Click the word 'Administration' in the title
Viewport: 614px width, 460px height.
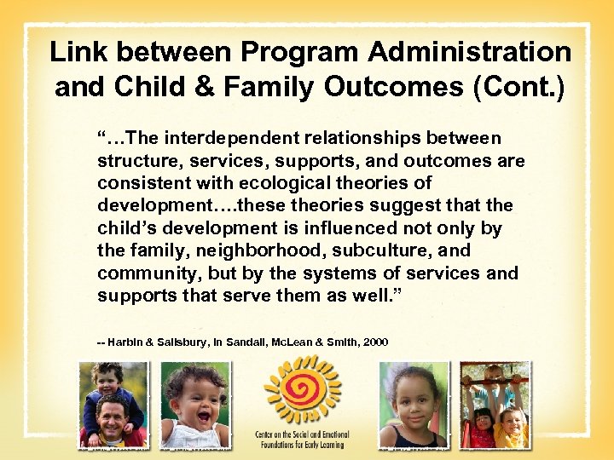click(x=470, y=52)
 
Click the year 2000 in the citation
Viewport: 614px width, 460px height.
click(x=375, y=342)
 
